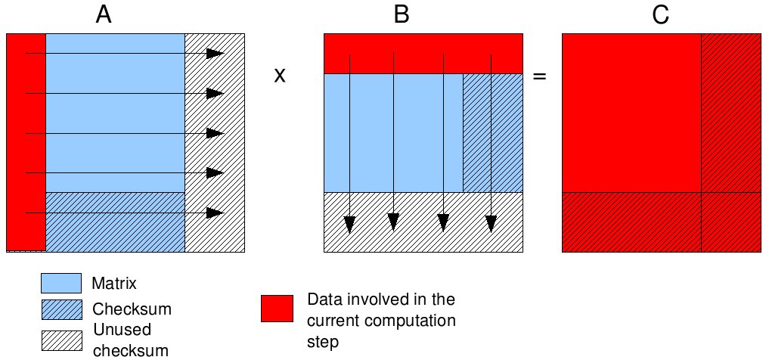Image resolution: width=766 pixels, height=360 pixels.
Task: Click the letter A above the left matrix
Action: click(x=104, y=14)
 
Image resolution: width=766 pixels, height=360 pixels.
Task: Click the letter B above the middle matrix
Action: click(x=402, y=14)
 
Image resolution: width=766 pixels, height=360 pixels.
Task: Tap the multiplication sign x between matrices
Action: click(x=279, y=76)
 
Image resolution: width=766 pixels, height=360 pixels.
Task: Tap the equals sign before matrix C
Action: click(x=540, y=76)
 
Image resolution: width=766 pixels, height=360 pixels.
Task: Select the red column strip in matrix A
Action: click(x=26, y=142)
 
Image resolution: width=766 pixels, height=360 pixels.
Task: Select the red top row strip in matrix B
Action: click(x=423, y=53)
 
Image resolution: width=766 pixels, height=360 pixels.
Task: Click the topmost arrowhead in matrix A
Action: click(x=216, y=53)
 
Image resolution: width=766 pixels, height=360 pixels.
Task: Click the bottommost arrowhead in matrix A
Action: click(x=216, y=213)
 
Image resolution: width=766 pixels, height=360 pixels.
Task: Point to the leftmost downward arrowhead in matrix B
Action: click(x=349, y=224)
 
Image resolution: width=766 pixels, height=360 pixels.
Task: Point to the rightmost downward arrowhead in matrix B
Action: click(x=491, y=224)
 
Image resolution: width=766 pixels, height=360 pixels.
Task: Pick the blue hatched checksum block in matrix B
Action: click(x=493, y=132)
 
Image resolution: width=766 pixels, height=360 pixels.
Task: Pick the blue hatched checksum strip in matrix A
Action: click(x=115, y=222)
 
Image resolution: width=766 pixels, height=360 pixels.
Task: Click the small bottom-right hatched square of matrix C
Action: click(x=730, y=222)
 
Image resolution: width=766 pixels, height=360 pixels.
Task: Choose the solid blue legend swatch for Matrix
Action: click(x=60, y=283)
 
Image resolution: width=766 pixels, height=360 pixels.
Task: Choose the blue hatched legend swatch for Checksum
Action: click(x=60, y=309)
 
